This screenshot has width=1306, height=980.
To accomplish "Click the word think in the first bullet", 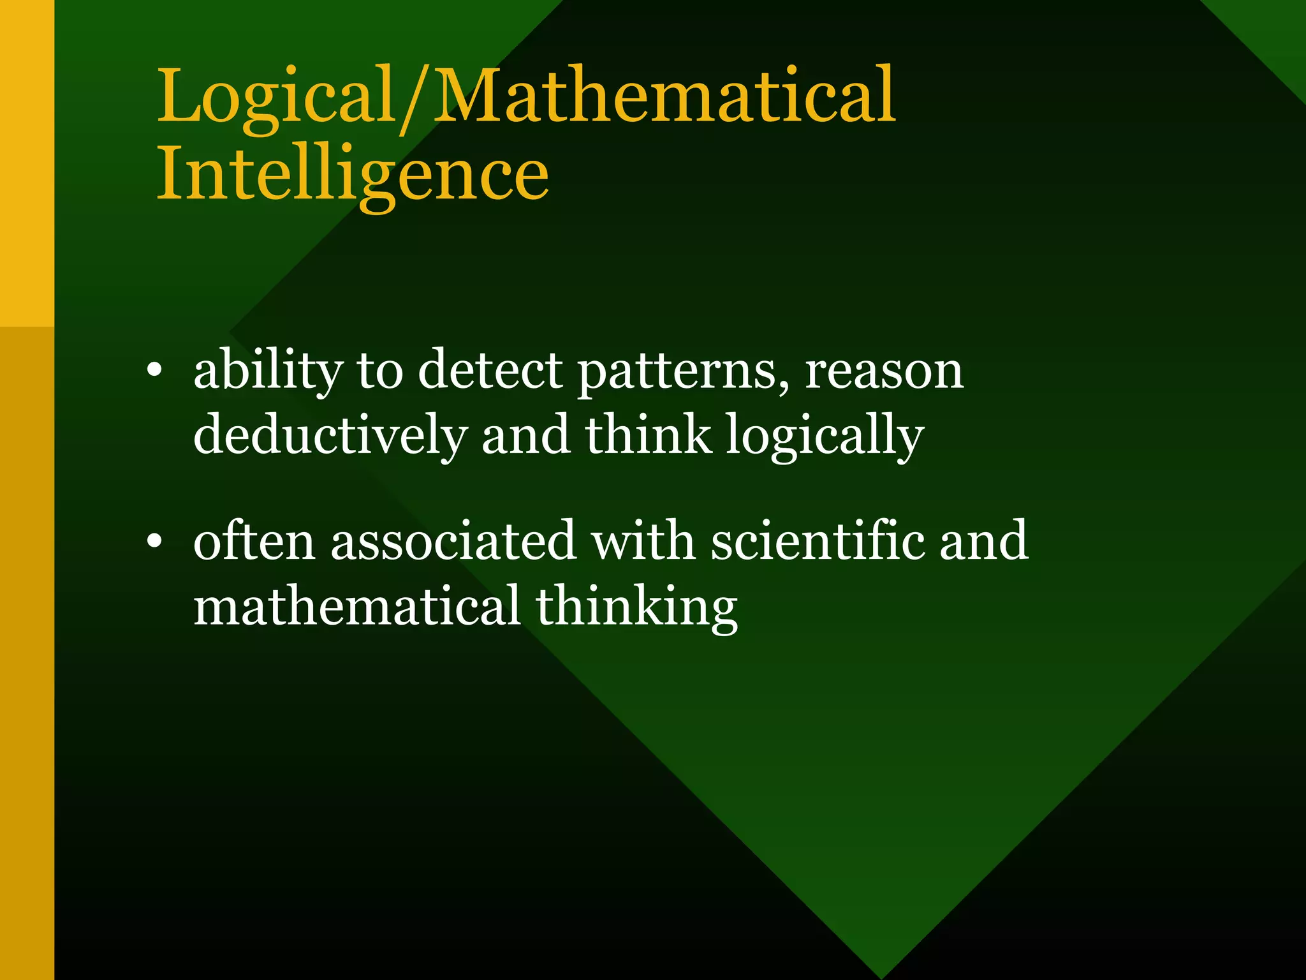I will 648,435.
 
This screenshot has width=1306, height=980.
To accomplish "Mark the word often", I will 254,541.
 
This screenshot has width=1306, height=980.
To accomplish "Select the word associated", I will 453,541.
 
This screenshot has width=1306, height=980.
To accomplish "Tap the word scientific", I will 816,541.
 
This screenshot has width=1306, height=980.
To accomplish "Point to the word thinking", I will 636,607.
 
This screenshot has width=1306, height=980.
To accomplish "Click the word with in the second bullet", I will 643,541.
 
